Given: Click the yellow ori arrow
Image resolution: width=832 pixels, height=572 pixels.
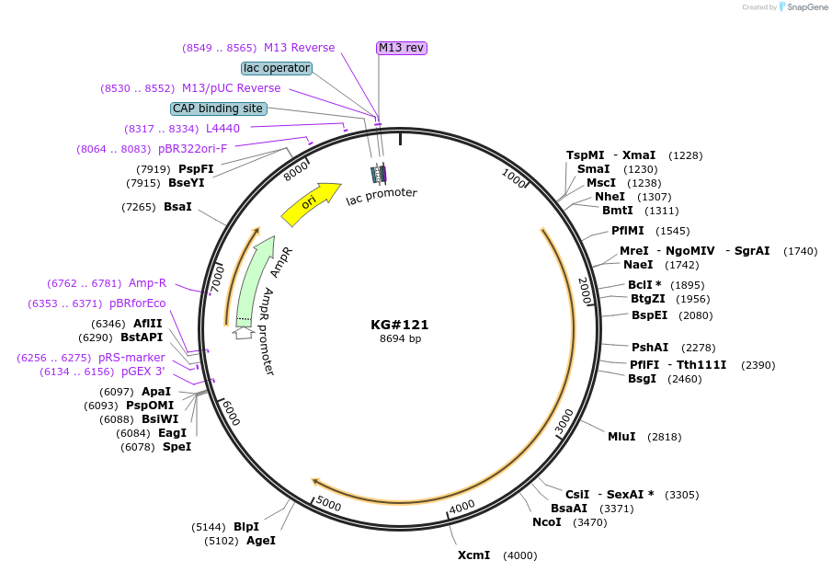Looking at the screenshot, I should point(310,203).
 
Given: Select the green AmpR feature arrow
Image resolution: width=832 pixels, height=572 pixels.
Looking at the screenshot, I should point(252,280).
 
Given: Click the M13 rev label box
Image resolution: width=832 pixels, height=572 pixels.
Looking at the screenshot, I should point(402,48).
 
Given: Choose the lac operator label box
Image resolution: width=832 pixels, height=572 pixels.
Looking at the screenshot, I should point(277,68).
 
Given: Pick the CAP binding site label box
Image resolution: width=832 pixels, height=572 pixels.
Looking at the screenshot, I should point(219,109).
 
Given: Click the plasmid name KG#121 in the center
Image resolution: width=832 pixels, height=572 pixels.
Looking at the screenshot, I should point(400,325).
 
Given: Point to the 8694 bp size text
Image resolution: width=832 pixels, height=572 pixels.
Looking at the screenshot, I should point(400,339).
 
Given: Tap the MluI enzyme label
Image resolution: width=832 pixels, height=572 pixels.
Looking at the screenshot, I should point(621,437).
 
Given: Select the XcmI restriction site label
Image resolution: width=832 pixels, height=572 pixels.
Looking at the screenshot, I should point(474,555).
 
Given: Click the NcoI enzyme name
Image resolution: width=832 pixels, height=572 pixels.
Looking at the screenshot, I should point(546,522).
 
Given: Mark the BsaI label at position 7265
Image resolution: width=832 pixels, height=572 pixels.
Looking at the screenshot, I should point(177,207).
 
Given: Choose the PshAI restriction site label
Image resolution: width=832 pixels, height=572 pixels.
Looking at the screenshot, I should point(650,347).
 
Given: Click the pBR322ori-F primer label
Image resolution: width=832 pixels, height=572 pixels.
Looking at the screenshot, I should point(192,149).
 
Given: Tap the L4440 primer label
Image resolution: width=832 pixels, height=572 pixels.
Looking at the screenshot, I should point(222,129).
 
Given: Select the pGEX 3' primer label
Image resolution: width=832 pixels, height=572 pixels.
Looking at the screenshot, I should point(143,372).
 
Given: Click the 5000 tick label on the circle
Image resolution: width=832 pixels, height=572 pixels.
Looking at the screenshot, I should point(328,504).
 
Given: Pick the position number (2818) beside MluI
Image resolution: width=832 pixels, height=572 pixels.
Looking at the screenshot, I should point(665,437).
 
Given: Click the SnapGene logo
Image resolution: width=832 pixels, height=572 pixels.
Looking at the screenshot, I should point(803,7).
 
